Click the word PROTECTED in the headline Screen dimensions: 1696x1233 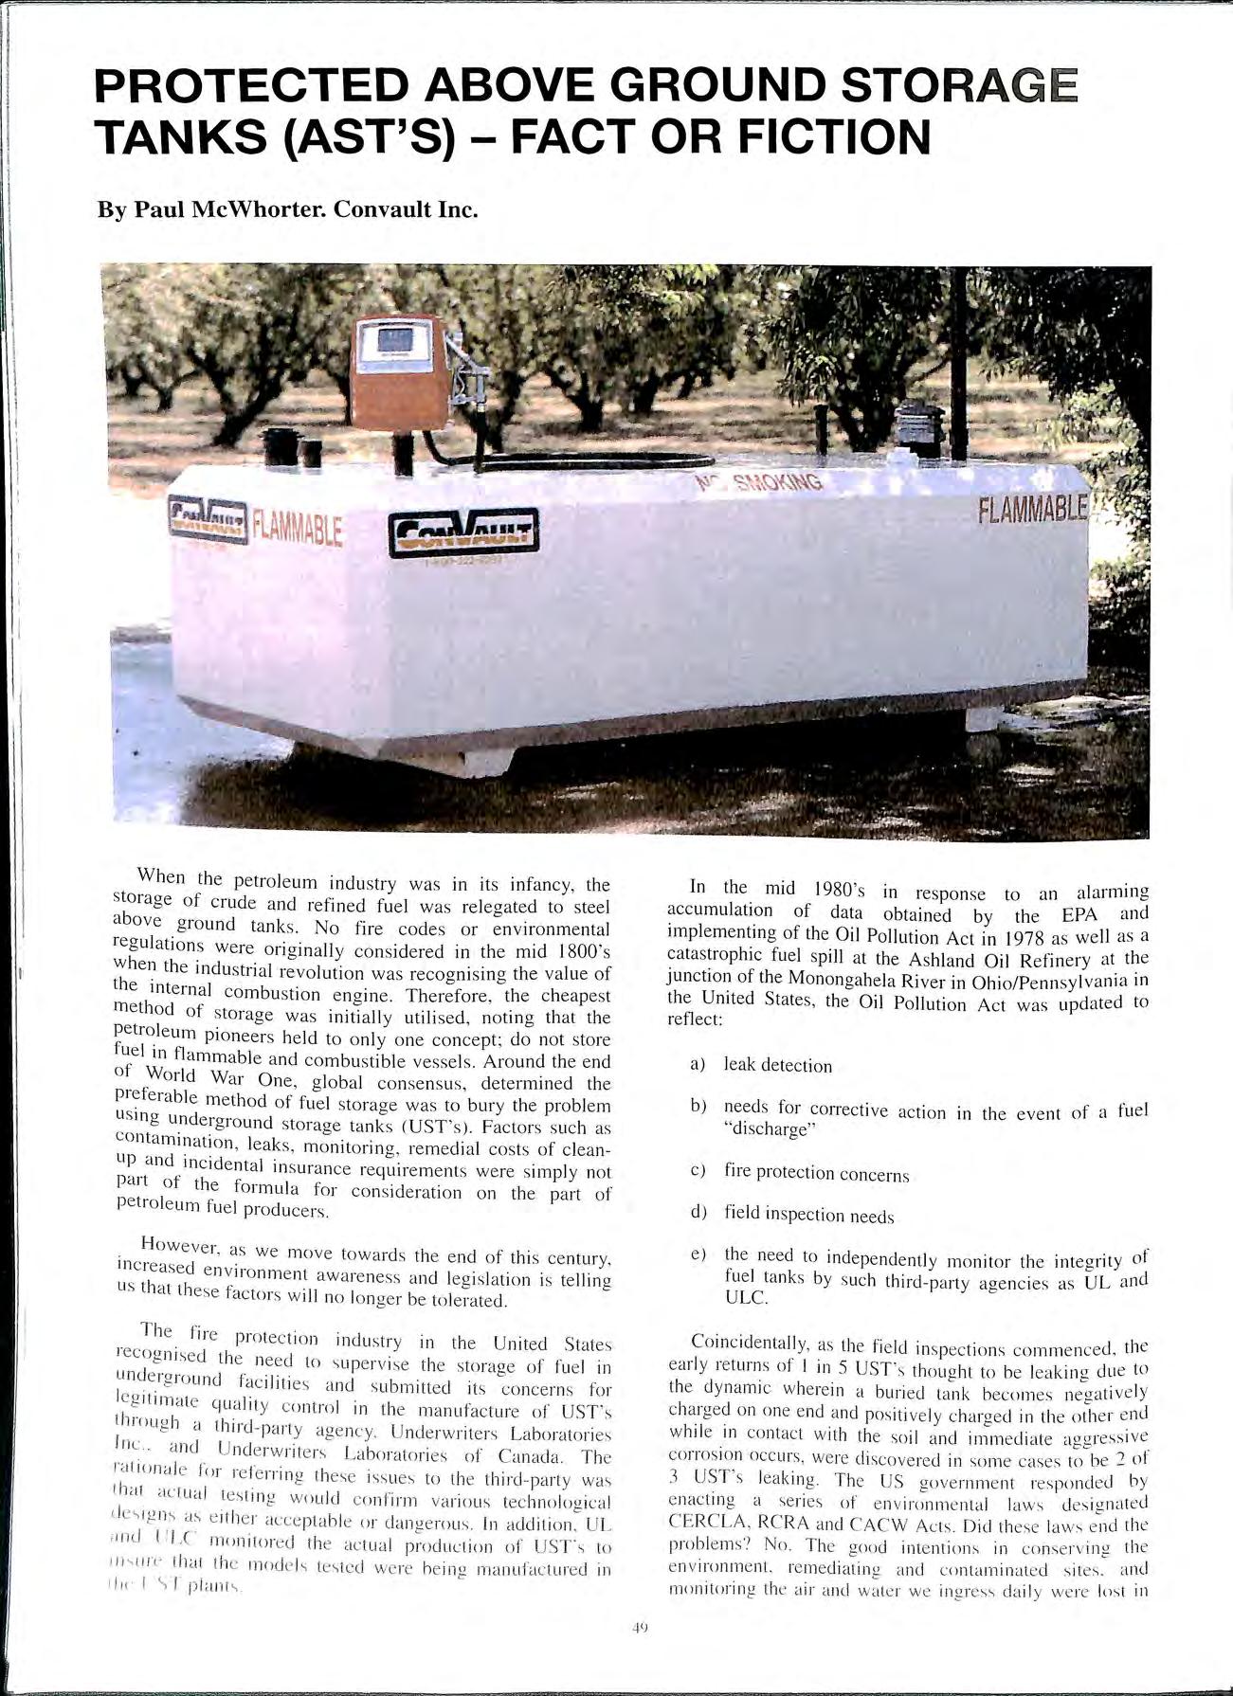click(251, 87)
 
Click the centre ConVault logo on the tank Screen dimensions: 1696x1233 click(464, 532)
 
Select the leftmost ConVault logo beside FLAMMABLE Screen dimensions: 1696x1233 click(209, 522)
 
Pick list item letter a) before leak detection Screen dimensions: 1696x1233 click(698, 1064)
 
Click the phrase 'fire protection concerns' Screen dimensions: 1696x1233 click(816, 1172)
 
